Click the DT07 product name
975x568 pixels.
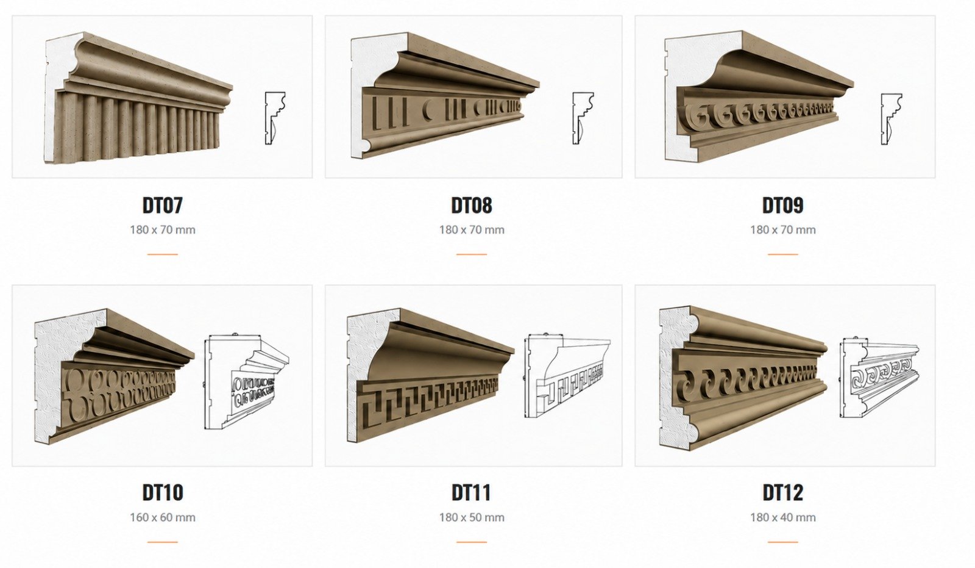click(162, 206)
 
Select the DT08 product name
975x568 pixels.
click(472, 206)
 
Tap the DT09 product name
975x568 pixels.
click(782, 206)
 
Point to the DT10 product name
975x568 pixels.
click(162, 492)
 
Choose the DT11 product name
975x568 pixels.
click(472, 492)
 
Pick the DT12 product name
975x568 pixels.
click(782, 492)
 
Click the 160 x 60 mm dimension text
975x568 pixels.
click(162, 517)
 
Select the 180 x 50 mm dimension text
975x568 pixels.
click(472, 517)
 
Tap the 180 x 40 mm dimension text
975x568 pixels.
click(782, 517)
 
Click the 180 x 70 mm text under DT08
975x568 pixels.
click(472, 230)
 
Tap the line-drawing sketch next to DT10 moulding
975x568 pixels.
click(246, 382)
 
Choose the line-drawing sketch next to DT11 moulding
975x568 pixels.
click(567, 376)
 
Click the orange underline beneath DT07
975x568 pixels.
click(162, 254)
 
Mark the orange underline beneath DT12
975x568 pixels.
click(782, 542)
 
